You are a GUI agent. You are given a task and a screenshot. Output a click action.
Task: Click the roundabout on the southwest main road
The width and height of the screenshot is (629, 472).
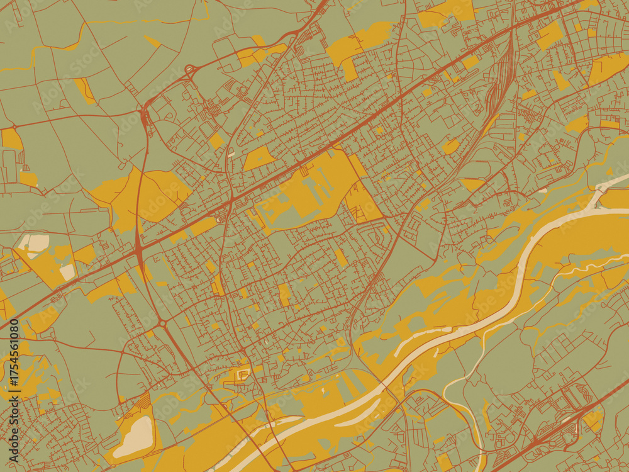pyautogui.click(x=162, y=323)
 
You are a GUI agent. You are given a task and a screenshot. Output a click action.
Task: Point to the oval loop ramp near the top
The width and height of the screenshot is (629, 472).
pyautogui.click(x=189, y=69)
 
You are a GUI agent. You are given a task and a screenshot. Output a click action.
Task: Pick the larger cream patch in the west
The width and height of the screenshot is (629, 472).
pyautogui.click(x=34, y=242)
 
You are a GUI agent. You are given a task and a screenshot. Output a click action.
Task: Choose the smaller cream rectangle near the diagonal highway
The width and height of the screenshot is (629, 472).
pyautogui.click(x=67, y=272)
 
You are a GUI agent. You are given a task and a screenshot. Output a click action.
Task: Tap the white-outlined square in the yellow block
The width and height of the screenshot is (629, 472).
pyautogui.click(x=243, y=376)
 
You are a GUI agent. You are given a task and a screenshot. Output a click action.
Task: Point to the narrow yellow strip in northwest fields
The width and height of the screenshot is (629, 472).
pyautogui.click(x=85, y=90)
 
